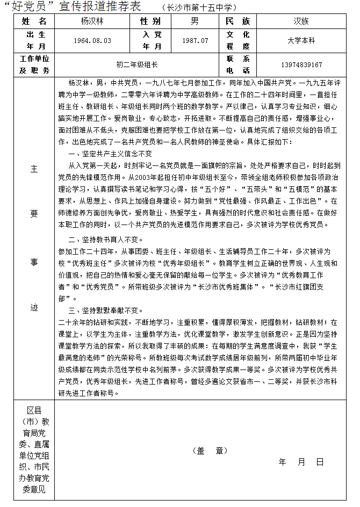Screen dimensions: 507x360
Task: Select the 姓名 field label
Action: click(34, 21)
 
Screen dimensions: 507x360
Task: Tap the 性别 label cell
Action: click(150, 21)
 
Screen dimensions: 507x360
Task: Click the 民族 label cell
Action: click(239, 21)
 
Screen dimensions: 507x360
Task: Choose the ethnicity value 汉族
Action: click(301, 21)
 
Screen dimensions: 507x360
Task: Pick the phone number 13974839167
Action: click(301, 64)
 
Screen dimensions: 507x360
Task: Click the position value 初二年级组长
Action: click(137, 64)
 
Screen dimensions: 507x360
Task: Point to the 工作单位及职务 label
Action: click(34, 64)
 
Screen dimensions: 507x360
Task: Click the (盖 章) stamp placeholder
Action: click(210, 451)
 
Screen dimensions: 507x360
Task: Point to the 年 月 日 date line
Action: click(301, 461)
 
